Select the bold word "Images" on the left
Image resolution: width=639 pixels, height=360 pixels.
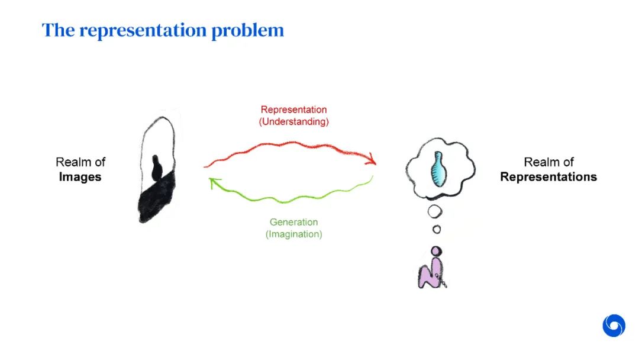[x=80, y=177]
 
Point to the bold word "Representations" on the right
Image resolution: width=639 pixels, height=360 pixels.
[x=548, y=177]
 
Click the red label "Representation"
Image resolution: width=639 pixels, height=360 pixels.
[x=293, y=110]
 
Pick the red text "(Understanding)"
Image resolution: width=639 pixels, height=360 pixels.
[x=293, y=121]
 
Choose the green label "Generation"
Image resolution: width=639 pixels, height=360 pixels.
[x=293, y=222]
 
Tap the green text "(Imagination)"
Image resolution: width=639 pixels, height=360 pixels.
[x=293, y=234]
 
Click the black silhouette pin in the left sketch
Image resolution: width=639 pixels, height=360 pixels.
[x=157, y=168]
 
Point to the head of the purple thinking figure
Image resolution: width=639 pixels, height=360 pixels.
[x=436, y=251]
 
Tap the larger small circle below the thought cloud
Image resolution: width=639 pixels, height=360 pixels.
[x=435, y=211]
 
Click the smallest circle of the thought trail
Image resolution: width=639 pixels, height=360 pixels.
[x=437, y=229]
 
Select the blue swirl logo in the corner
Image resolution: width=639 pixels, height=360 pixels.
[x=614, y=326]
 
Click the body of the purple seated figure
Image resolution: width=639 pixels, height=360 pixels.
[x=430, y=275]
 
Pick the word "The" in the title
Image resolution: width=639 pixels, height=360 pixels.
[x=57, y=30]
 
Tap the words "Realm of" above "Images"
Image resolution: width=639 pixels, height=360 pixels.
[x=80, y=162]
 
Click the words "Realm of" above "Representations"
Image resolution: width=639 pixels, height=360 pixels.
[x=548, y=162]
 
